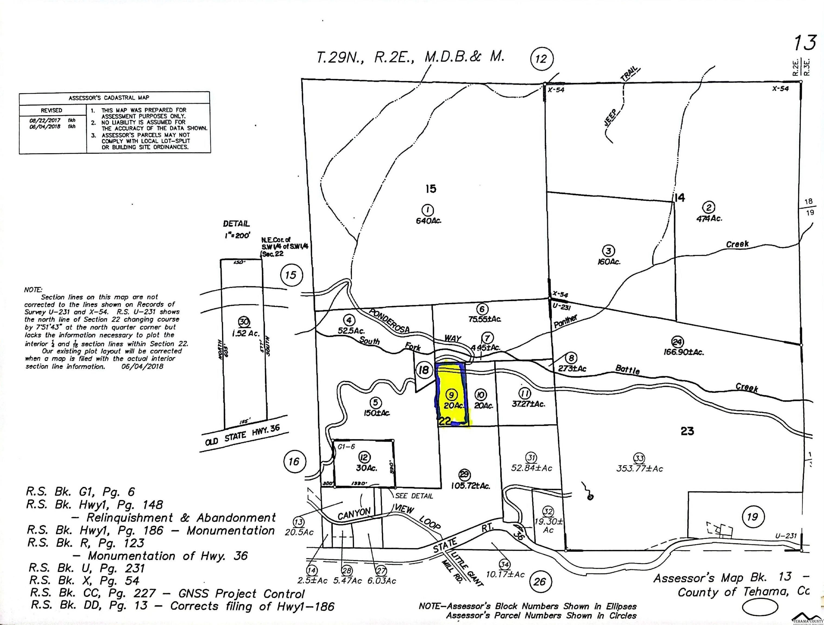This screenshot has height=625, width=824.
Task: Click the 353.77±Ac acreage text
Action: tap(639, 469)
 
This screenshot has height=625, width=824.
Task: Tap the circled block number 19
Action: tap(753, 517)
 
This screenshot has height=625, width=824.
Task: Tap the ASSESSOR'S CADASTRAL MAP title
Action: tap(109, 98)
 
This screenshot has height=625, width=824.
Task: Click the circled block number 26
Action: tap(540, 581)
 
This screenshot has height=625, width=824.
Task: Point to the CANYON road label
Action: tap(354, 514)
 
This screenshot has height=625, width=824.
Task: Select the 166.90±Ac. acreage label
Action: tap(684, 352)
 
